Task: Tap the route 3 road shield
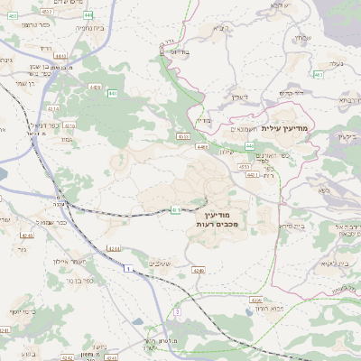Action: pyautogui.click(x=178, y=311)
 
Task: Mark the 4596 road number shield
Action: pyautogui.click(x=256, y=300)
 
